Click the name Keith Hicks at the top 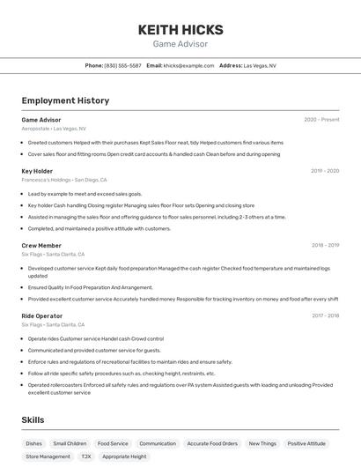click(x=180, y=29)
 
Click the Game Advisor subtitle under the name click(x=180, y=42)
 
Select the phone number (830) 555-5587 click(x=122, y=65)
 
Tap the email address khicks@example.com click(x=188, y=65)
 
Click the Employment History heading click(x=65, y=100)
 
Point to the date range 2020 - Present click(x=321, y=120)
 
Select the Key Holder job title click(x=37, y=171)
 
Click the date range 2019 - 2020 click(x=325, y=171)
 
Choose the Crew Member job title click(x=41, y=246)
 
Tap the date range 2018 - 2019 click(x=325, y=246)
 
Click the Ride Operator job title click(x=42, y=315)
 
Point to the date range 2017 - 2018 click(x=325, y=315)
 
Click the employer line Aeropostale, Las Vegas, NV click(x=54, y=129)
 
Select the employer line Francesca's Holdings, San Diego click(x=64, y=180)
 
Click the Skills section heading click(x=33, y=421)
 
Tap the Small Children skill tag click(x=70, y=444)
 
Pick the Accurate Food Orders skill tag click(x=212, y=444)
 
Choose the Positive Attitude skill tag click(x=306, y=444)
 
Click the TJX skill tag click(x=86, y=457)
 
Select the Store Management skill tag click(x=48, y=457)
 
